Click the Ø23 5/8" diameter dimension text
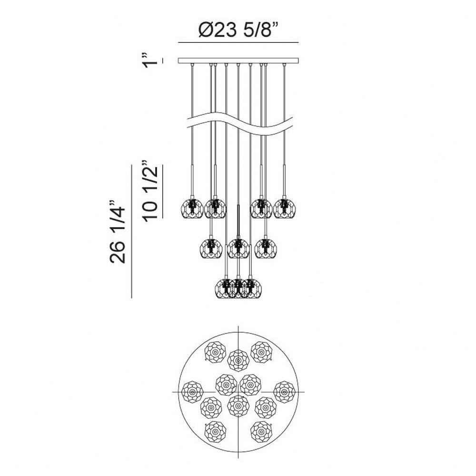click(x=238, y=30)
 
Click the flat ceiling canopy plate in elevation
click(x=238, y=60)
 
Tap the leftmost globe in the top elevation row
click(x=192, y=208)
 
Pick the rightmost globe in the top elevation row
click(x=285, y=208)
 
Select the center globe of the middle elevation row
click(x=238, y=248)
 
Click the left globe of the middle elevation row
click(x=211, y=248)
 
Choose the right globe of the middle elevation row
click(x=266, y=248)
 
